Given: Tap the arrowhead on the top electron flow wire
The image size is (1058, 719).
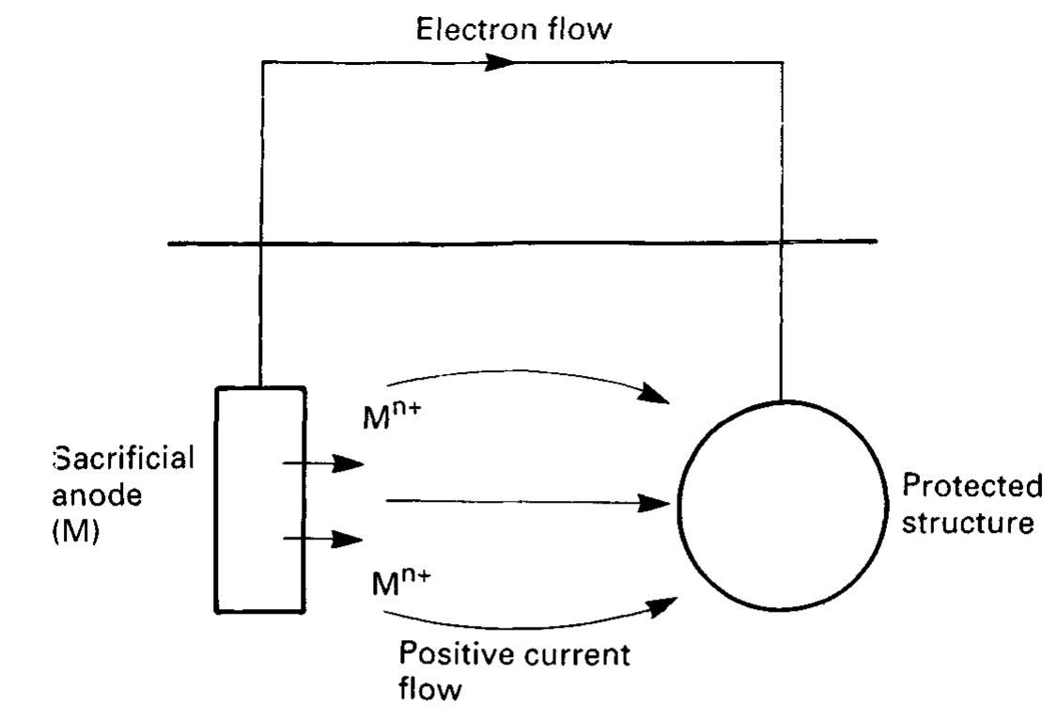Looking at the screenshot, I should pyautogui.click(x=498, y=63).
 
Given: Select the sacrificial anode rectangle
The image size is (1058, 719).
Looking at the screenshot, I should pyautogui.click(x=260, y=499).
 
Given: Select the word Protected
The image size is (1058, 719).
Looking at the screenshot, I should pyautogui.click(x=972, y=487).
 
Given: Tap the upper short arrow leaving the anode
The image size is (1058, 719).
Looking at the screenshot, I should pyautogui.click(x=324, y=463).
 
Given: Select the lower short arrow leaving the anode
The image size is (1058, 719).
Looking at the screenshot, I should pyautogui.click(x=324, y=539).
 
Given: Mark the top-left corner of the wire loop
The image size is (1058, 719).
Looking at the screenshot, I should pyautogui.click(x=262, y=63).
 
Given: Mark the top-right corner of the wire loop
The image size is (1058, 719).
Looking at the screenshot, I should pyautogui.click(x=782, y=63).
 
